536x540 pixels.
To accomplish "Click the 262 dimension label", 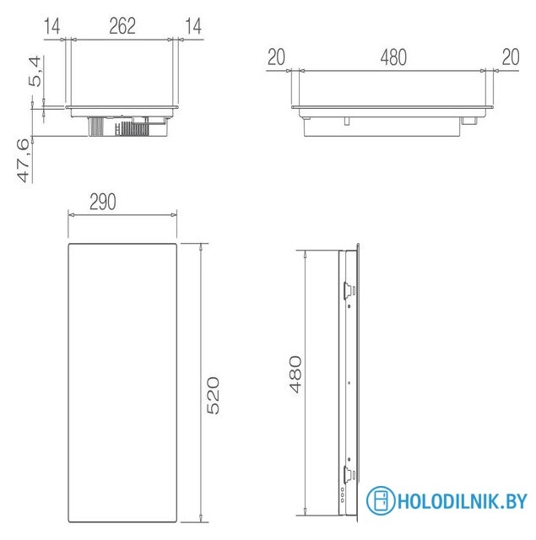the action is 122,26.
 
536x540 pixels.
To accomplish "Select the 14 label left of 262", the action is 51,26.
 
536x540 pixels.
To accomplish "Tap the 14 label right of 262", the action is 193,26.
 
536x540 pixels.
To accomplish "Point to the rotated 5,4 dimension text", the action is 35,72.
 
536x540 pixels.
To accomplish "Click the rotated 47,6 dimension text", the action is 24,161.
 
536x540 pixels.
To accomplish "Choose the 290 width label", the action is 103,202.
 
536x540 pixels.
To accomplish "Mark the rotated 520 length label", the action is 213,396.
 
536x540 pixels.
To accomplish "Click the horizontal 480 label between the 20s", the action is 393,57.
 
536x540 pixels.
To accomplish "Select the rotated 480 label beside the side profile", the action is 295,374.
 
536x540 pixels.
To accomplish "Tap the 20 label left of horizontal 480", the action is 276,57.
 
